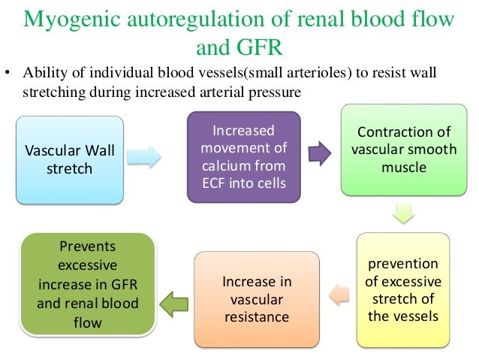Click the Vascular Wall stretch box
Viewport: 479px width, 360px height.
[70, 159]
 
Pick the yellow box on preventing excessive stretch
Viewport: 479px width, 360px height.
[403, 290]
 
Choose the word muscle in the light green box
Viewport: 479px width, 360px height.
[403, 168]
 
